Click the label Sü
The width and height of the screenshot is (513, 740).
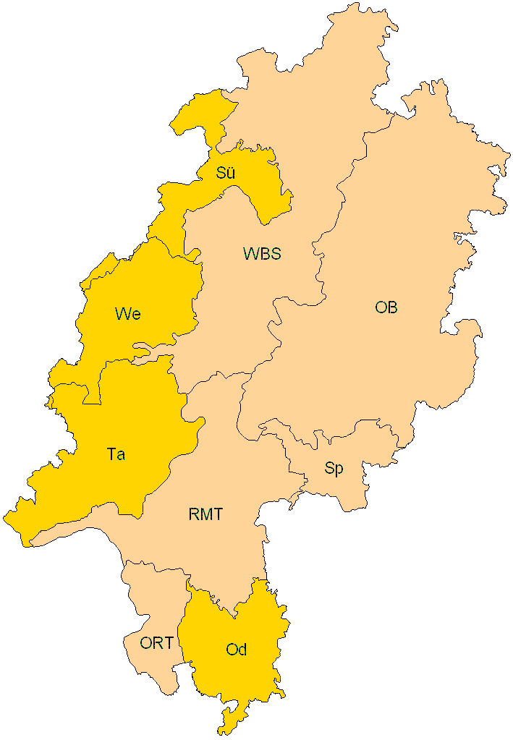pos(225,173)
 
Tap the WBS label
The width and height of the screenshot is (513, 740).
pos(261,254)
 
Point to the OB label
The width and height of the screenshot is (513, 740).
pos(386,307)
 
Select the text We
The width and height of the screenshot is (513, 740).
pos(127,314)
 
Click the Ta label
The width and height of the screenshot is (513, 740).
pos(115,454)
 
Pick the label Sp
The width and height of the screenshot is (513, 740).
pos(334,469)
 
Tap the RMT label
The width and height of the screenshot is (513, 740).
pos(205,515)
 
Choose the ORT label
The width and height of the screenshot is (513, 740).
pos(156,642)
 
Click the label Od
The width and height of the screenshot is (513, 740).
pos(236,650)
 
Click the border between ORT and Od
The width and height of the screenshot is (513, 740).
pos(185,629)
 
